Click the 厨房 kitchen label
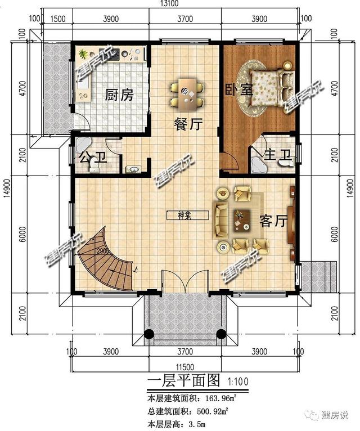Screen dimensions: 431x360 point(119,95)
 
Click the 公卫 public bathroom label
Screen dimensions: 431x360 point(93,157)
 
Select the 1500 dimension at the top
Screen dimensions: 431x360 point(56,19)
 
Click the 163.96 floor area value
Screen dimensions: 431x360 point(215,398)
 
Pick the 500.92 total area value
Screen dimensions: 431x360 point(208,412)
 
